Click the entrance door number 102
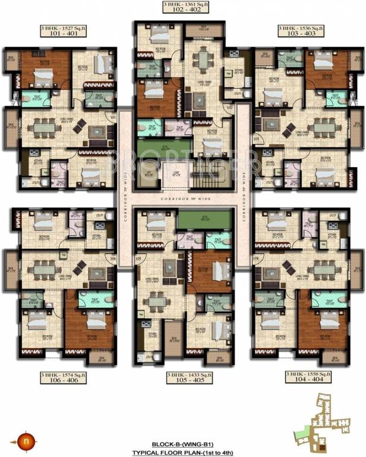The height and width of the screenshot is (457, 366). (229, 108)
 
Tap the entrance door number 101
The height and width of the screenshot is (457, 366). (113, 117)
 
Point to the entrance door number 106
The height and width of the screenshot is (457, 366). (113, 258)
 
